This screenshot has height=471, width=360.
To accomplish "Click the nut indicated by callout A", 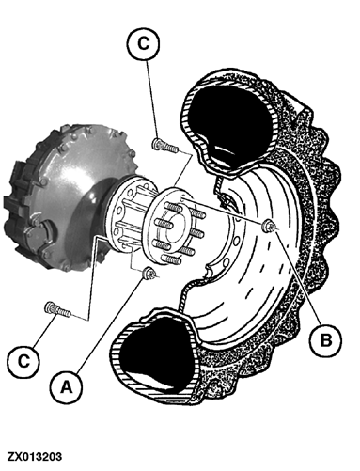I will tap(149, 274).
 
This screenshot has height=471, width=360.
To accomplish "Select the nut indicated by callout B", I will tap(269, 224).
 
